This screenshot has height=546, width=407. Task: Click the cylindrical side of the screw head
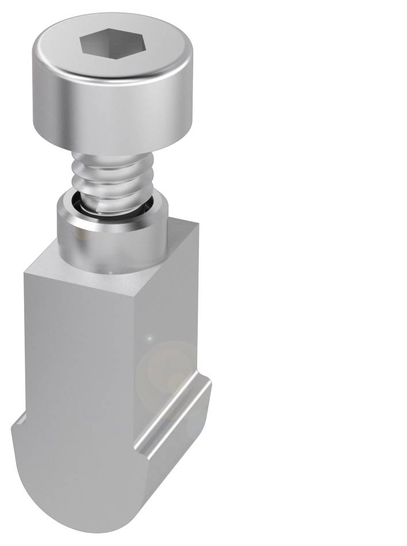click(109, 109)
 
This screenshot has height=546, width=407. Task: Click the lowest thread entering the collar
click(112, 204)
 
